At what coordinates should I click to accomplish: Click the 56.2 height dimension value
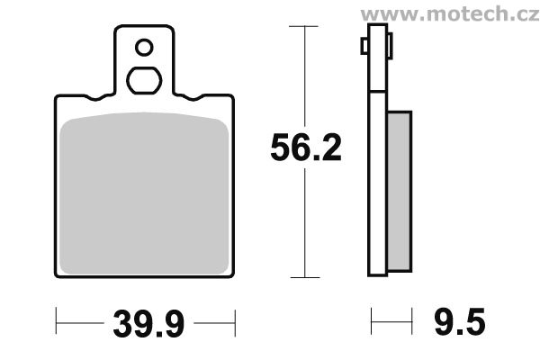click(x=306, y=148)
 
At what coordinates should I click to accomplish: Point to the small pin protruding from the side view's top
click(x=364, y=45)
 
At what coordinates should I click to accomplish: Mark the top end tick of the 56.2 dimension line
click(x=306, y=28)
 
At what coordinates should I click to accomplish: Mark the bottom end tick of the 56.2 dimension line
click(x=306, y=277)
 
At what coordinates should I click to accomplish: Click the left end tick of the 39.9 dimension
click(x=57, y=319)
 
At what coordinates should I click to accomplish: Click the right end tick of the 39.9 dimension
click(x=235, y=319)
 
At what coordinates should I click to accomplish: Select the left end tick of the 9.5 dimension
click(x=371, y=319)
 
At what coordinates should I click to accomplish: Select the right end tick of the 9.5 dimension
click(x=411, y=319)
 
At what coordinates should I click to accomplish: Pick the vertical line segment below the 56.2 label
click(x=306, y=225)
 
